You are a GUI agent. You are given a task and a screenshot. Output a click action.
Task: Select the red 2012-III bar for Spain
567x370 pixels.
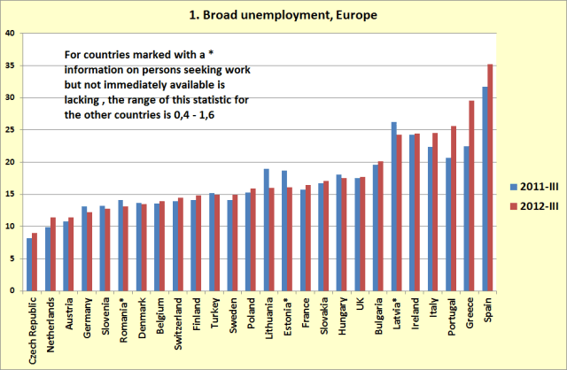coord(490,177)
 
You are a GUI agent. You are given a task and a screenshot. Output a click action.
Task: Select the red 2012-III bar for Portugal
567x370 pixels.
coord(454,208)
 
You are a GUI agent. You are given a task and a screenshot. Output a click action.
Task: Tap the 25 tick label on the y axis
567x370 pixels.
coord(10,130)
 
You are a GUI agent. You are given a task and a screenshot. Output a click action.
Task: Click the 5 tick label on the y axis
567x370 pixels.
coord(12,258)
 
